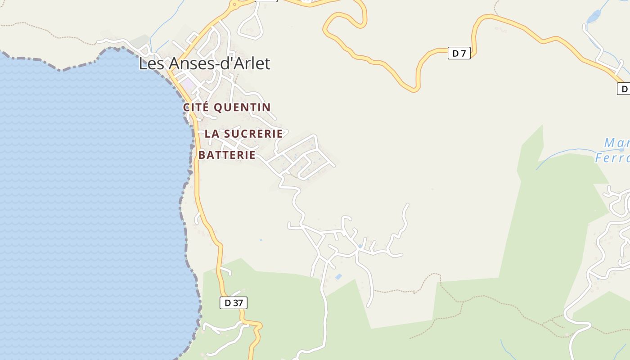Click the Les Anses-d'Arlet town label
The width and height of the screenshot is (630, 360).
[x=204, y=63]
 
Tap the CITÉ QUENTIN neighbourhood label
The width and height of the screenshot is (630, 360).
[x=227, y=108]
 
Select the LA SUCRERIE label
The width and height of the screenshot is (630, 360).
[x=243, y=134]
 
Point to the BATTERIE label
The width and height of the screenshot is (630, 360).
[x=227, y=155]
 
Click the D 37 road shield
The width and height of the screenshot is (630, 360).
[x=234, y=303]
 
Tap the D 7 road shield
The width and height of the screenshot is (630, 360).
[x=459, y=54]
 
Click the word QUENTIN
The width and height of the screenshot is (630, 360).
[x=242, y=108]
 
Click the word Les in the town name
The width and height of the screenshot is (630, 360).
[x=149, y=63]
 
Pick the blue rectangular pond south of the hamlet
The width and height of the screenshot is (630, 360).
[x=338, y=277]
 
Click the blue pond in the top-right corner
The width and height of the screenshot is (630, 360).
[x=594, y=17]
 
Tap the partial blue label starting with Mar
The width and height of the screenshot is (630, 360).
[x=616, y=144]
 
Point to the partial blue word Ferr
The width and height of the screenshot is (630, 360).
[x=612, y=158]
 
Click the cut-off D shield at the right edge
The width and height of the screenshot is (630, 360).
[x=624, y=89]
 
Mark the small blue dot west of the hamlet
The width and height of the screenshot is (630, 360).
[x=261, y=240]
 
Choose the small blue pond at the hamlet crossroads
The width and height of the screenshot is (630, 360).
[x=360, y=246]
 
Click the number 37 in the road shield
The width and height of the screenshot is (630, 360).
[x=237, y=303]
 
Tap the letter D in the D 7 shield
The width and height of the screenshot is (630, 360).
[x=455, y=54]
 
